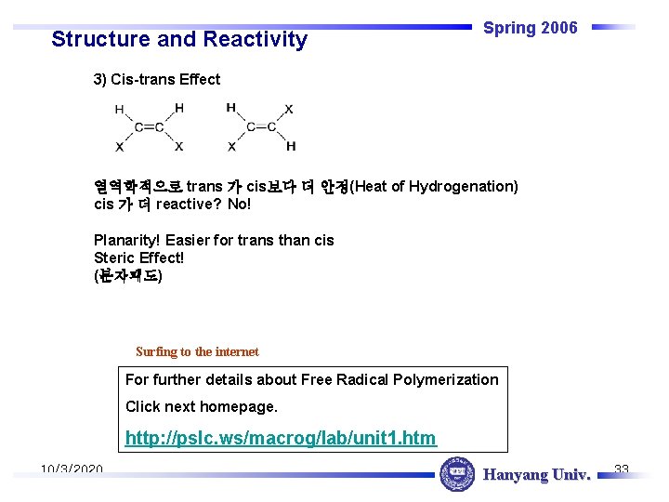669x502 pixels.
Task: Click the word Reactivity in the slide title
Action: point(252,39)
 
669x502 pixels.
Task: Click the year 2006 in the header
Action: point(557,28)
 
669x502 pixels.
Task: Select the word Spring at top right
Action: point(508,28)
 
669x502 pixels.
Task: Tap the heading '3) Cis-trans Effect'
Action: point(157,80)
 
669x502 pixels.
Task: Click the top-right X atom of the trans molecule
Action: point(289,109)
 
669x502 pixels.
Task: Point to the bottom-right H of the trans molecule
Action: point(291,146)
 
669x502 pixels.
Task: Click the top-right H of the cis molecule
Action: point(178,108)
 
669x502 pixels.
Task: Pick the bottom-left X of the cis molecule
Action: point(119,147)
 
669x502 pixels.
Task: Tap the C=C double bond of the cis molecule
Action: point(149,127)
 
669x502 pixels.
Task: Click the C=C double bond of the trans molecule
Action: point(261,127)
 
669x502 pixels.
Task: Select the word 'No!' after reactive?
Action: point(240,204)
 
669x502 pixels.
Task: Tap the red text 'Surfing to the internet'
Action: point(197,351)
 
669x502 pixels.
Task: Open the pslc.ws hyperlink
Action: point(281,437)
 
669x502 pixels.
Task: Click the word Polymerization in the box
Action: point(446,379)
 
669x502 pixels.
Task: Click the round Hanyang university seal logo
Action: point(456,474)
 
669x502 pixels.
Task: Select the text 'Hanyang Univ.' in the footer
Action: point(537,475)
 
